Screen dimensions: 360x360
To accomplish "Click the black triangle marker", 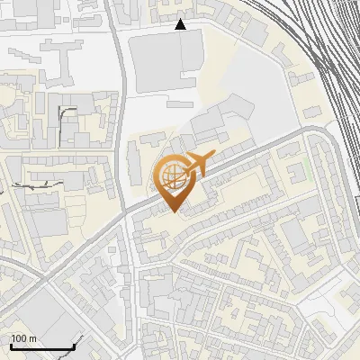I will point(181,24).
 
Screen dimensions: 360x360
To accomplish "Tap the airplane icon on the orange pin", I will point(196,164).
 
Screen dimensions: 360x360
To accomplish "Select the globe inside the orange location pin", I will point(172,175).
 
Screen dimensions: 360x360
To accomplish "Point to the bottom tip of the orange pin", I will point(173,211).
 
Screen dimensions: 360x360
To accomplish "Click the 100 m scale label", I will point(23,338).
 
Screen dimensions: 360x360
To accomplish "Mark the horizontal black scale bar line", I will point(41,347).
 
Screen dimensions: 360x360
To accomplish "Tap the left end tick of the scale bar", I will point(11,345).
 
